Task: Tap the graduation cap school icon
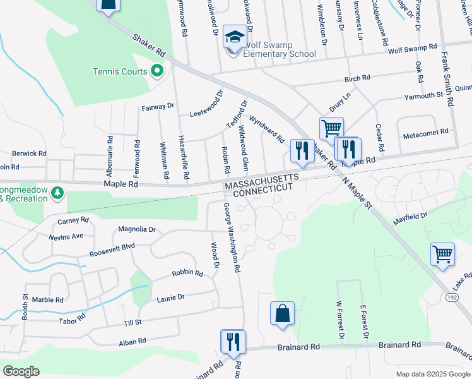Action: pos(235,38)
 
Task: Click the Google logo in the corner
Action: pos(21,371)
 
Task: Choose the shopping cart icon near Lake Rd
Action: pos(442,254)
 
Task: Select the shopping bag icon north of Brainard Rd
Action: pos(282,313)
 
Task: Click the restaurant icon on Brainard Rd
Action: pos(233,342)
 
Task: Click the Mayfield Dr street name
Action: pos(411,219)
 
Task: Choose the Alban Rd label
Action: pos(133,341)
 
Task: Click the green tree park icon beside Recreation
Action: pos(57,191)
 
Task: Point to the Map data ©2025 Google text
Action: pos(432,374)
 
